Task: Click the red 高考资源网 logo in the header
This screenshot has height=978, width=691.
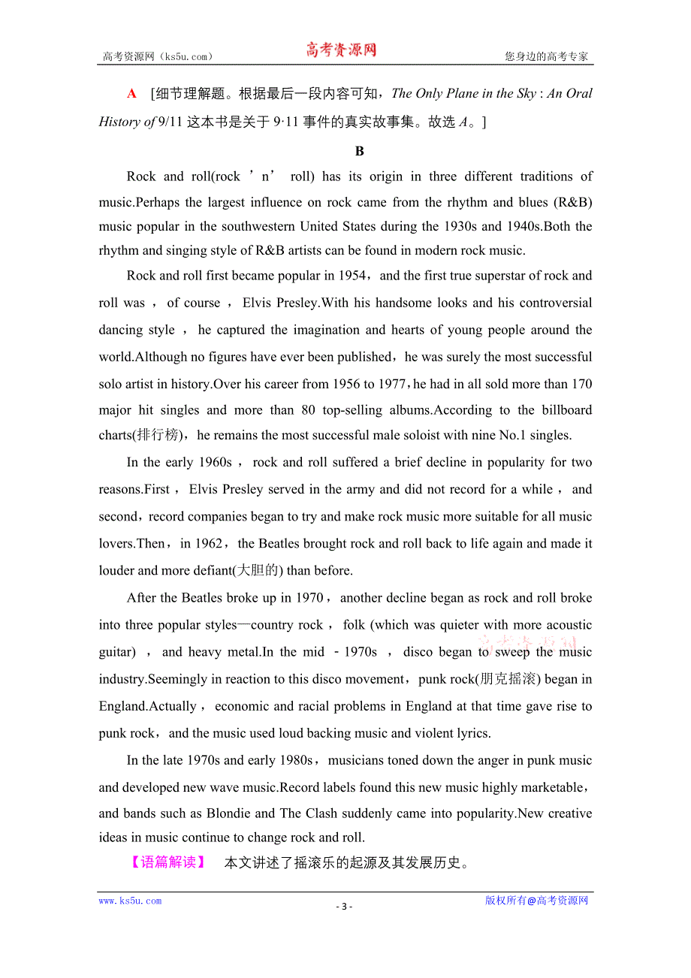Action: pos(341,50)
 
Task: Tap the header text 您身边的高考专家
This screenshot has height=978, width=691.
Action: pos(546,56)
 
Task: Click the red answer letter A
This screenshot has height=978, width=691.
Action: pos(132,94)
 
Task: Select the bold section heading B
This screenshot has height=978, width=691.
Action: pos(359,151)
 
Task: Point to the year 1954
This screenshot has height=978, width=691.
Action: pos(352,276)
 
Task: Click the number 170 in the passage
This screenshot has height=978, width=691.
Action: pos(581,384)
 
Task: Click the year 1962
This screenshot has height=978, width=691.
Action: pos(209,543)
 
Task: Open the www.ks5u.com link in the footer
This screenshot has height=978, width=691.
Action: pos(130,901)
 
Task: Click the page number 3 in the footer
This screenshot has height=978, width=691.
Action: pos(344,906)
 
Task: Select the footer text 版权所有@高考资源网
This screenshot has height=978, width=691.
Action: pos(536,901)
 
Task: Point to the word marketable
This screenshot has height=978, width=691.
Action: pos(546,787)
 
